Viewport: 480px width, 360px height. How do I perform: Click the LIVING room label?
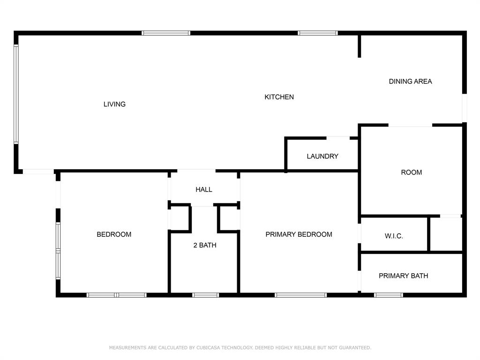(114, 104)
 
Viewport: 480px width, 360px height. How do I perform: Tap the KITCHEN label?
(279, 97)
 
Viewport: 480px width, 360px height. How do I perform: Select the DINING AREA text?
(410, 82)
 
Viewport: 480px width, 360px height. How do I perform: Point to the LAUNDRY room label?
(322, 157)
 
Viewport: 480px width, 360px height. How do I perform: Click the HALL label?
(204, 189)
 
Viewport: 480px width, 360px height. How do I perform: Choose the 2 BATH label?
(205, 245)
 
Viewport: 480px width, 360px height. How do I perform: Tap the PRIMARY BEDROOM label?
(299, 234)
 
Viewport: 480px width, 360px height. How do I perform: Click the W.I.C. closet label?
(394, 236)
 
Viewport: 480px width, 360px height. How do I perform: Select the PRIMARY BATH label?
(404, 276)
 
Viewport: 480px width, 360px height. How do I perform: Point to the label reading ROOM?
(412, 172)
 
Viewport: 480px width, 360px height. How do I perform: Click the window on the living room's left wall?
(16, 94)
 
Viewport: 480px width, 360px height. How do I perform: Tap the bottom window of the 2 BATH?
(205, 295)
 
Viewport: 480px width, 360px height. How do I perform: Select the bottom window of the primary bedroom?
(300, 295)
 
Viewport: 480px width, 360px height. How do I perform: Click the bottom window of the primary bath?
(389, 295)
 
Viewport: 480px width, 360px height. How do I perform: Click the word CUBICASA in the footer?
(208, 348)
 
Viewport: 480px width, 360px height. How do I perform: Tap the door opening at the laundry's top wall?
(338, 138)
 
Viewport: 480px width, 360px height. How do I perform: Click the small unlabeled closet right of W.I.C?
(446, 234)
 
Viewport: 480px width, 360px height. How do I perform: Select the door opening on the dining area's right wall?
(465, 108)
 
